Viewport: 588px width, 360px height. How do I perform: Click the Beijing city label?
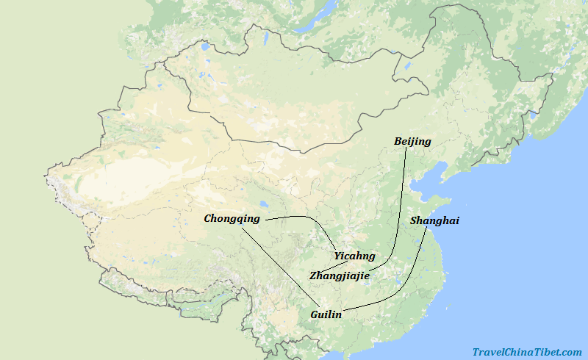pos(412,141)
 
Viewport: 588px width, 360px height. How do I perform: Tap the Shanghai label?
pos(434,220)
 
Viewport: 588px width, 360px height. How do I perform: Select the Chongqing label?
pos(232,218)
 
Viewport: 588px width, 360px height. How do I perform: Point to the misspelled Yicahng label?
pos(354,256)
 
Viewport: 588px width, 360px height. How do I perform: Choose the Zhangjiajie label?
pos(340,276)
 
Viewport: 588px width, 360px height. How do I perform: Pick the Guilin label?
pos(326,314)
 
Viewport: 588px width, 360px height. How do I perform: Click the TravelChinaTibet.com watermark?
pos(526,353)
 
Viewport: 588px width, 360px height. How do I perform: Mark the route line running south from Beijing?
pos(403,206)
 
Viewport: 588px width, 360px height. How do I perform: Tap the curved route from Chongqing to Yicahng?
pos(309,220)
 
